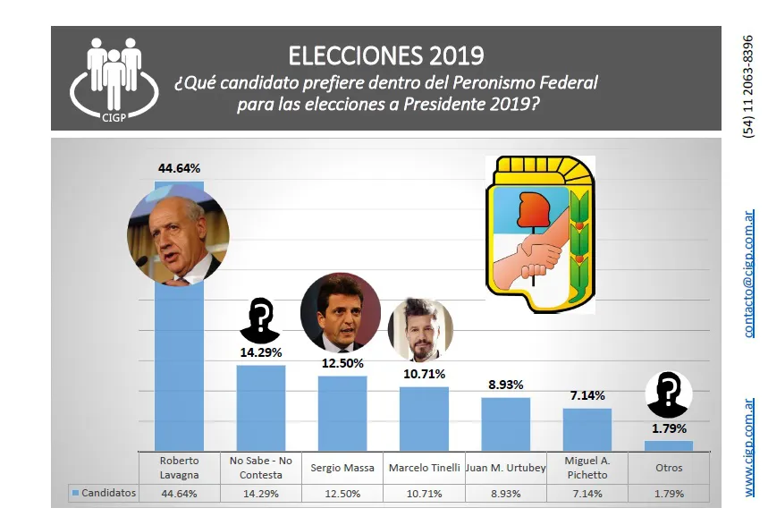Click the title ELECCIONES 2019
coord(386,55)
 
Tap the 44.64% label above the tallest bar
coord(179,167)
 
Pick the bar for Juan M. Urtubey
coord(505,424)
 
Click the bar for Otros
coord(669,445)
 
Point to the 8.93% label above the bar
coord(505,385)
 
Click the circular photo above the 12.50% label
coord(340,310)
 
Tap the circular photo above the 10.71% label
coord(420,327)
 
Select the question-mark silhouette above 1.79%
coord(669,393)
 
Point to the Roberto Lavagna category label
coord(179,468)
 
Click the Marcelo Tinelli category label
coord(424,468)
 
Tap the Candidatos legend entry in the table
coord(104,493)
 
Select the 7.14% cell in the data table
coord(587,493)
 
